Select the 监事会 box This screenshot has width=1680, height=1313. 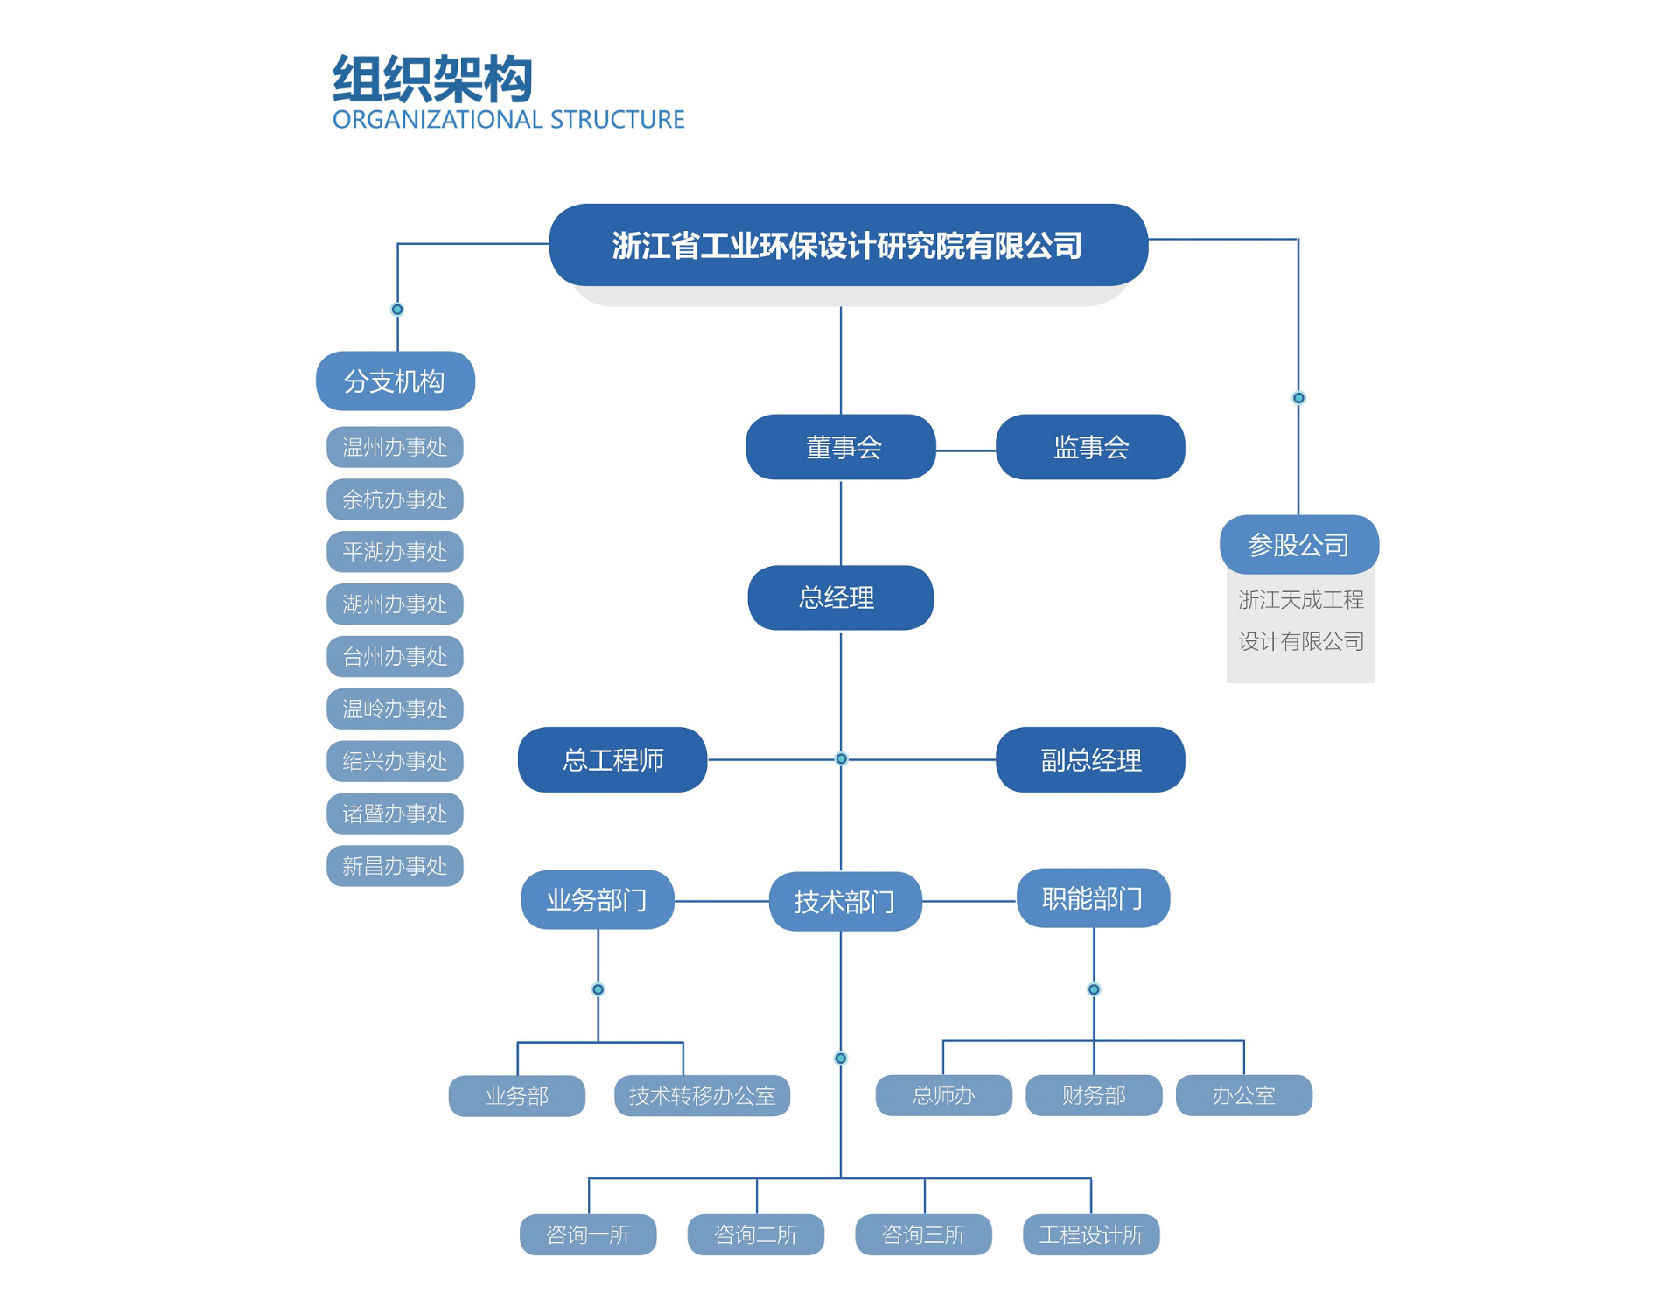click(x=1090, y=447)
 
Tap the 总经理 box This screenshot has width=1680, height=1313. click(x=840, y=597)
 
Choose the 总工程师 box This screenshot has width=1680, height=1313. click(x=612, y=759)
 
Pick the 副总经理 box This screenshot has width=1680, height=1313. click(x=1090, y=759)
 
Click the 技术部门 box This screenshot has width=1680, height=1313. click(x=844, y=901)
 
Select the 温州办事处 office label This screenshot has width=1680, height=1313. click(x=395, y=447)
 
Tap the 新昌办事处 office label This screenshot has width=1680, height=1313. click(x=395, y=865)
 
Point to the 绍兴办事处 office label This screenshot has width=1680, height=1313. click(x=395, y=760)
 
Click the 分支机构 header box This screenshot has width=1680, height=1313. click(x=395, y=381)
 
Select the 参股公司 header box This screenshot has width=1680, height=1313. click(x=1298, y=544)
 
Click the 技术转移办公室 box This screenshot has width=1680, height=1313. click(x=702, y=1095)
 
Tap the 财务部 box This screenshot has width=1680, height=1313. click(x=1094, y=1095)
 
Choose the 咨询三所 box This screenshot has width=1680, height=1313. click(x=923, y=1234)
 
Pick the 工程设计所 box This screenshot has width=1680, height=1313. click(x=1091, y=1234)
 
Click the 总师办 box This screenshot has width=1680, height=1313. click(x=943, y=1095)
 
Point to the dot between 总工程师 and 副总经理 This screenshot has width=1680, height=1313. click(x=841, y=758)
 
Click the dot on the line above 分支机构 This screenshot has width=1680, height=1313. click(x=397, y=309)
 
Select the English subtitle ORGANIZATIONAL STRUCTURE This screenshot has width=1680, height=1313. click(x=507, y=120)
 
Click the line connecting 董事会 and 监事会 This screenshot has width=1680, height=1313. click(x=966, y=450)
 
